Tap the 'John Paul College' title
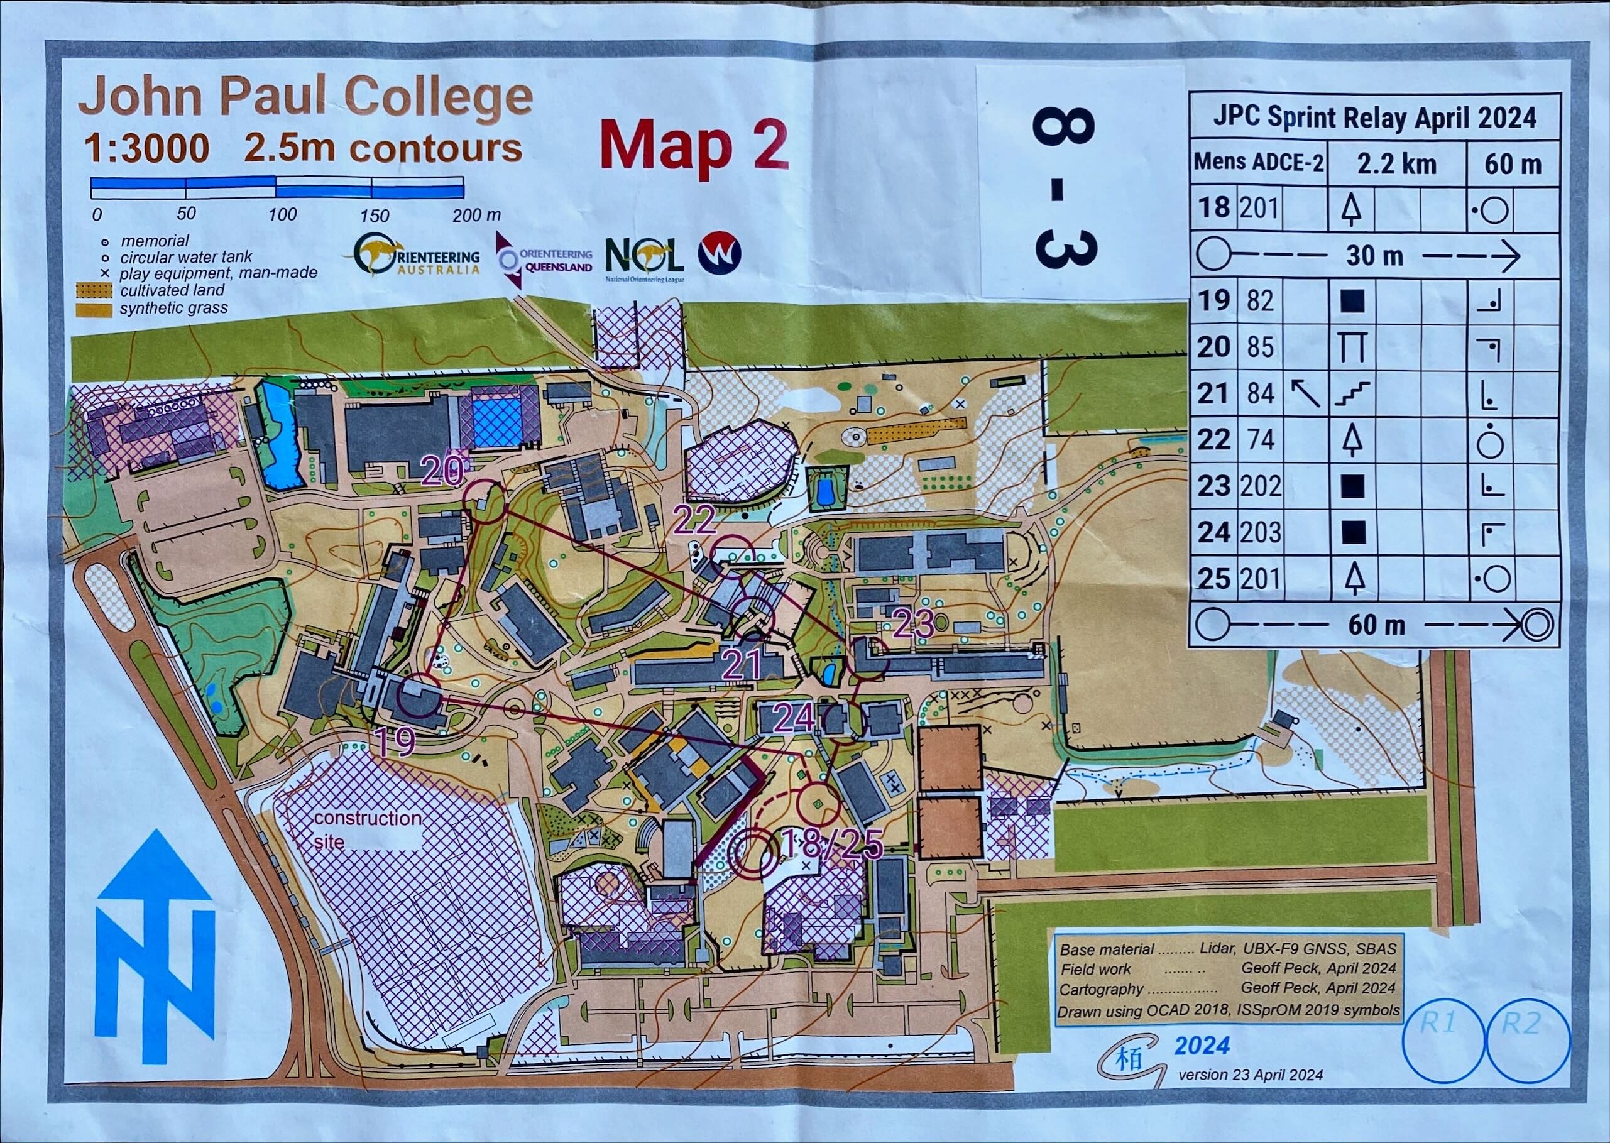(x=305, y=99)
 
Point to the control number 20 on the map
(x=442, y=470)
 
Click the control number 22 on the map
(x=694, y=521)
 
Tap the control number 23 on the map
(x=914, y=623)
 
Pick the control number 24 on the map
(x=794, y=718)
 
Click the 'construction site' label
(x=368, y=829)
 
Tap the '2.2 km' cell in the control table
(x=1396, y=164)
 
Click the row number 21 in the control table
(x=1213, y=393)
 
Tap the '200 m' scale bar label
(x=476, y=215)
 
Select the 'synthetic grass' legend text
(x=173, y=307)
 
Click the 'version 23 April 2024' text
(x=1251, y=1075)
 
